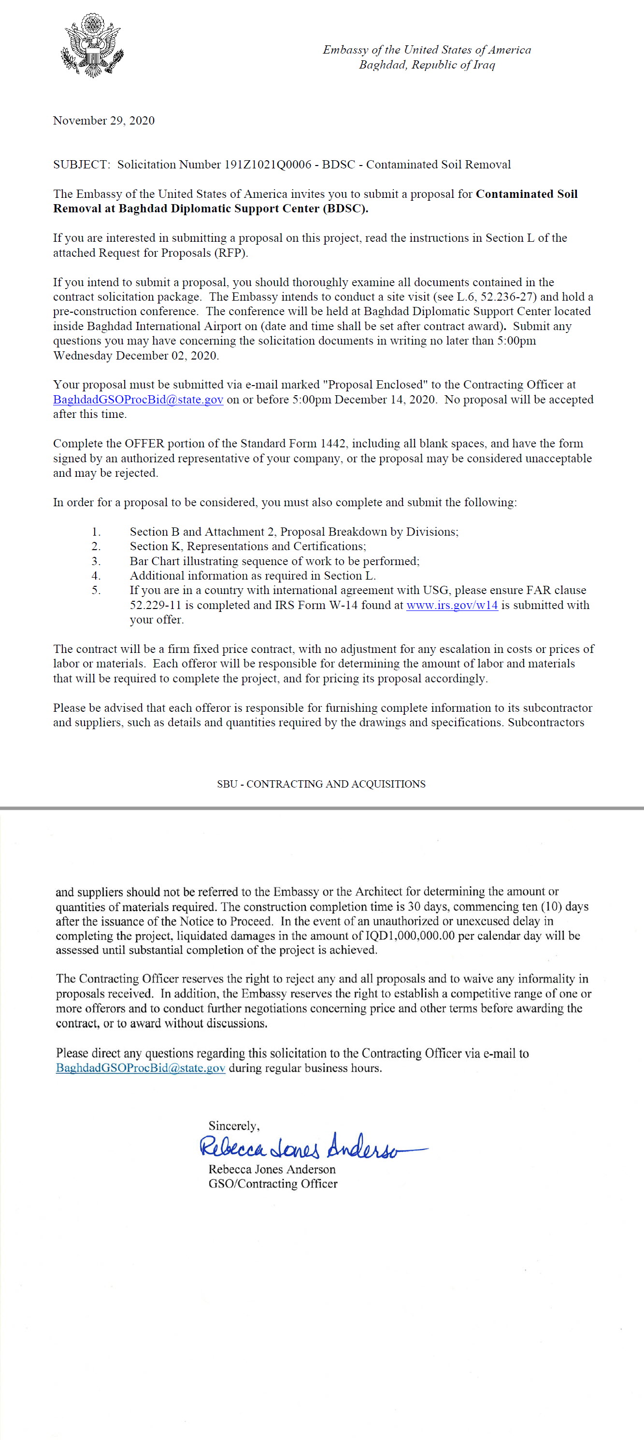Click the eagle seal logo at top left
tap(92, 46)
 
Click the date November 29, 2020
tap(103, 121)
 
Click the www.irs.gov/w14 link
tap(452, 605)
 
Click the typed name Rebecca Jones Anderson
tap(272, 1169)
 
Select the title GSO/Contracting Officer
tap(272, 1183)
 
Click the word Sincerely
tap(233, 1126)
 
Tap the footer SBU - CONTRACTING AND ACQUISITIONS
tap(321, 784)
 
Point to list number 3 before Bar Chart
tap(96, 561)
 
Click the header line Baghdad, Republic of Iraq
tap(427, 65)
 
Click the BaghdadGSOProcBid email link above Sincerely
tap(141, 1068)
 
